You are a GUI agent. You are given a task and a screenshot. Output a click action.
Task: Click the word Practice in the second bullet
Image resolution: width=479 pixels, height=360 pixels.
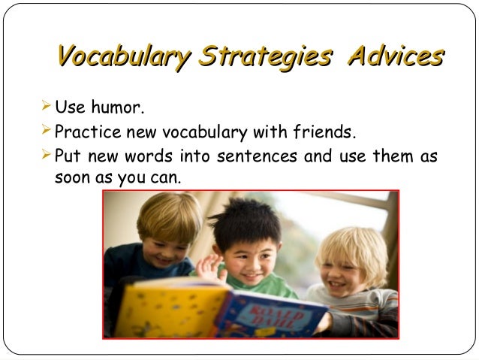84,133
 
